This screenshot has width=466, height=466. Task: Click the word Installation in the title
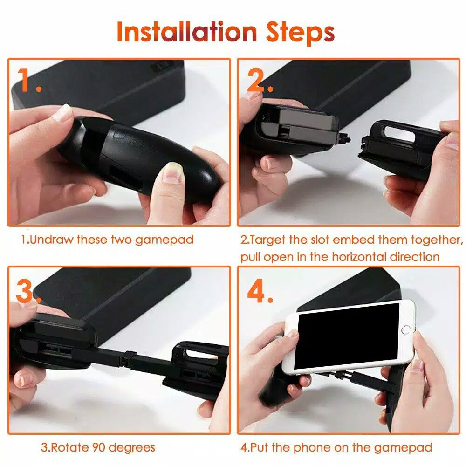(x=187, y=32)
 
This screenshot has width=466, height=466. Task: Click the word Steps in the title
(x=300, y=33)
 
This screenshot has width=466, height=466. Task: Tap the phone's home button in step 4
(x=406, y=330)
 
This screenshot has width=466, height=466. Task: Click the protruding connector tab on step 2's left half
(x=344, y=139)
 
